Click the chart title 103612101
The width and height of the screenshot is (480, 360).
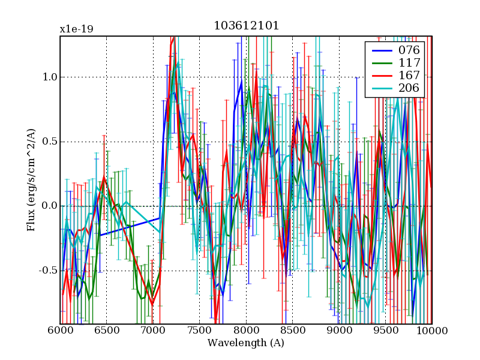click(x=246, y=26)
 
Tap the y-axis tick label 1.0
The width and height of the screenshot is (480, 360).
click(x=49, y=77)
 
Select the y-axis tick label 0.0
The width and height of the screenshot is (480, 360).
click(x=49, y=206)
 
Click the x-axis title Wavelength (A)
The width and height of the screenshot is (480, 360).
click(x=246, y=343)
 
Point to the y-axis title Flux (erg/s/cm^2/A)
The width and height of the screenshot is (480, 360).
click(x=31, y=180)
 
